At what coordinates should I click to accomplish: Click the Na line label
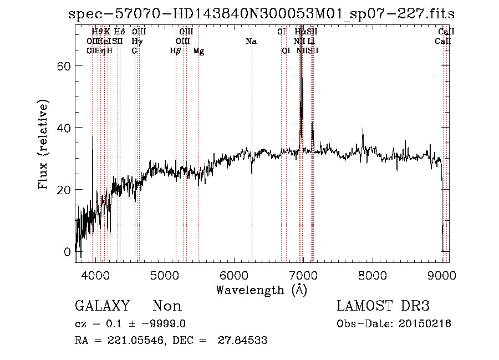pos(251,41)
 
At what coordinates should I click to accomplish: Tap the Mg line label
pos(198,50)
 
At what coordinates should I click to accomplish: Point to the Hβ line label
pos(175,50)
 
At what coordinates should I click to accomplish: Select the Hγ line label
pos(136,41)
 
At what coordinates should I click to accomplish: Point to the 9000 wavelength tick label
pos(442,275)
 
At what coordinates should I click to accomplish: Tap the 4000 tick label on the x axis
pos(95,275)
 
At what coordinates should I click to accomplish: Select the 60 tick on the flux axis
pos(64,66)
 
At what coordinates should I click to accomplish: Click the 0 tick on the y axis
pos(68,252)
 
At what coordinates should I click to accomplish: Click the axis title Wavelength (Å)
pos(261,290)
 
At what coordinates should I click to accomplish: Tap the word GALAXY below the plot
pos(103,306)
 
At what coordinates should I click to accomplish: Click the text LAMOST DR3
pos(383,306)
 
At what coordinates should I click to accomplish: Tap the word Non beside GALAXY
pos(167,306)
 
